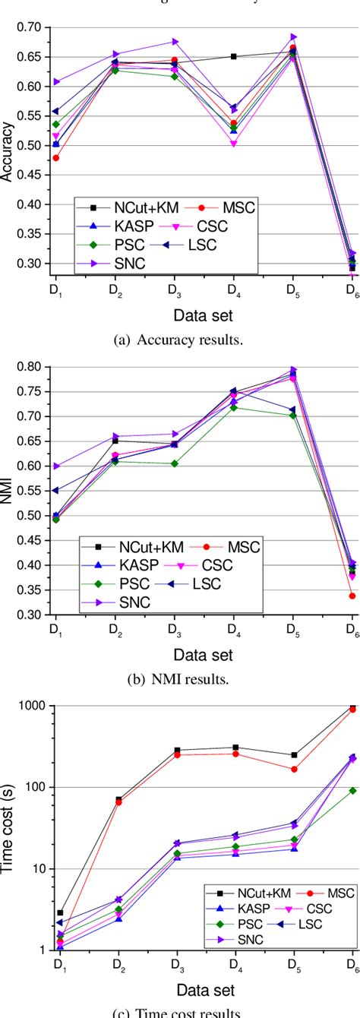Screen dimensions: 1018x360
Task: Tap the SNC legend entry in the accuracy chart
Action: (106, 262)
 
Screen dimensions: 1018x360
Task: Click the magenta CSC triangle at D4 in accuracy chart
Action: (233, 144)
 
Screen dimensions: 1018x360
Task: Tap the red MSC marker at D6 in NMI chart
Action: (352, 596)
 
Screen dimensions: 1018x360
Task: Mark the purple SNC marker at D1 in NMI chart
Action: (56, 466)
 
